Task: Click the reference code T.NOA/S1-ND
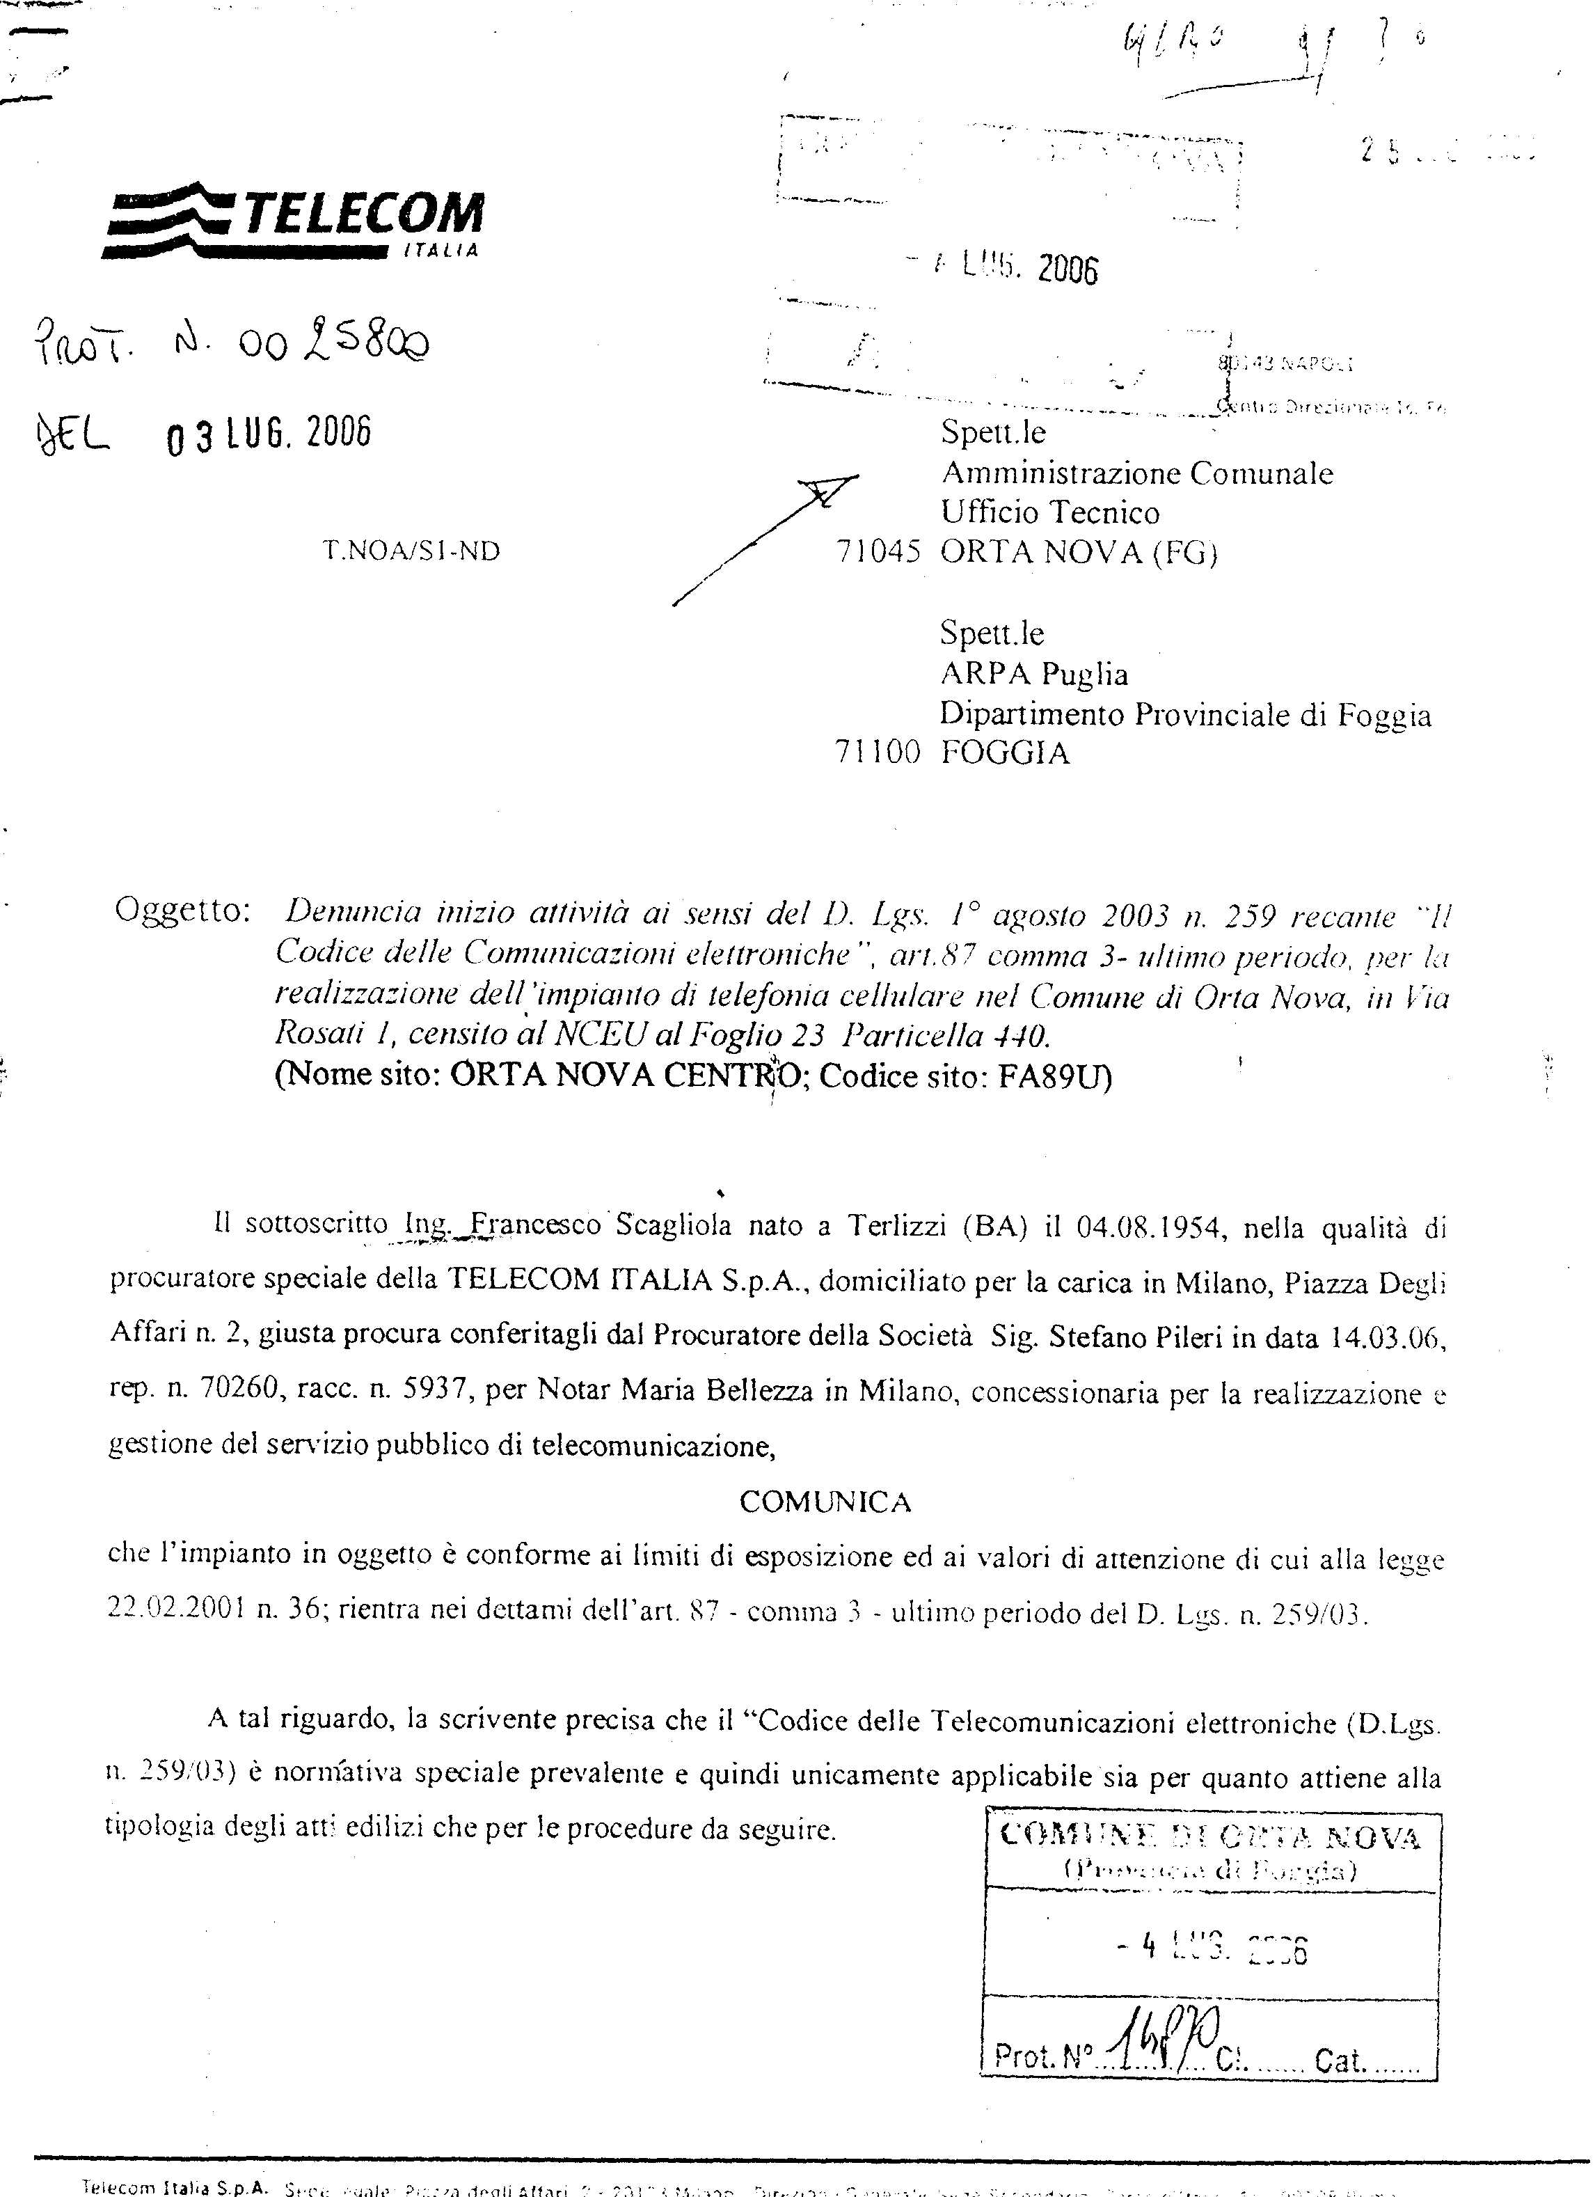point(411,551)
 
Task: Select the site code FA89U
point(1054,1077)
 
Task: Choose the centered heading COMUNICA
point(825,1502)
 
